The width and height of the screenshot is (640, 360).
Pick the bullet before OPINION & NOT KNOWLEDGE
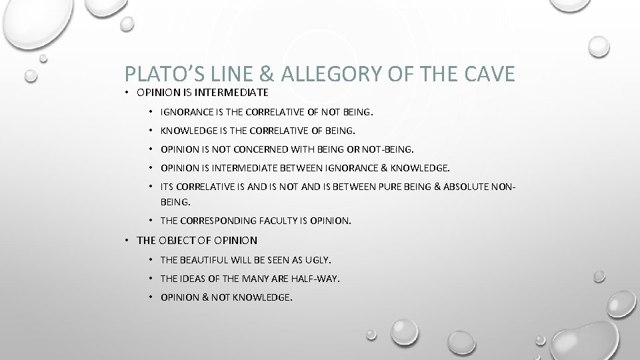coord(152,298)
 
